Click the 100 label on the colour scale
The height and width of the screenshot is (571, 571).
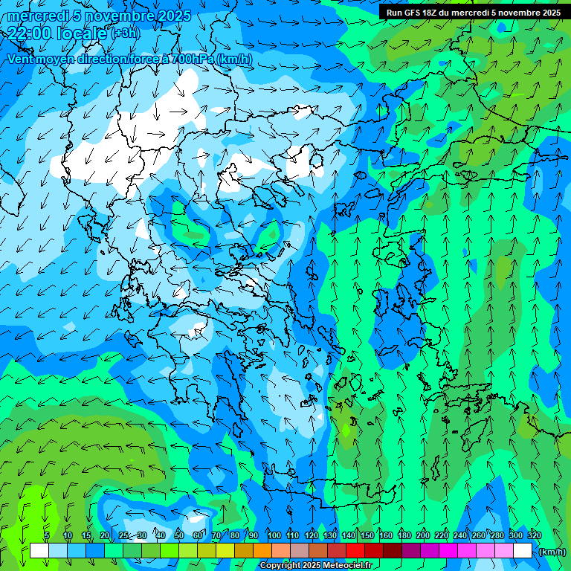click(x=274, y=535)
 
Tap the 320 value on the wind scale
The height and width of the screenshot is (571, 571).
click(x=535, y=535)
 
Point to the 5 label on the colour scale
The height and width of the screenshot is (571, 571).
click(x=47, y=535)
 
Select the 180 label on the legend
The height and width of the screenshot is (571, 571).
click(x=404, y=535)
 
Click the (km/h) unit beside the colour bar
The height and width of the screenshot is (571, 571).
click(x=551, y=552)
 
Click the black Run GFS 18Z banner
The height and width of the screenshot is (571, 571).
click(x=474, y=12)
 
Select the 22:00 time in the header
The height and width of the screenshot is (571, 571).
click(x=30, y=32)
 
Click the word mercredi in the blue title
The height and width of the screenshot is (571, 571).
click(x=39, y=16)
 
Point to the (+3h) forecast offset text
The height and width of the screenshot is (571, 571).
click(x=124, y=33)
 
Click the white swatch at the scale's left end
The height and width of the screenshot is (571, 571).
click(x=39, y=551)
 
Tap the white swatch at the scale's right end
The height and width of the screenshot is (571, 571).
click(x=523, y=551)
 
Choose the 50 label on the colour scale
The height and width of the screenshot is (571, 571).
click(x=179, y=535)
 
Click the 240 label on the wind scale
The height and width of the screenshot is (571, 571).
click(x=460, y=535)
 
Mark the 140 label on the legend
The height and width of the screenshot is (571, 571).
click(x=349, y=535)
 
